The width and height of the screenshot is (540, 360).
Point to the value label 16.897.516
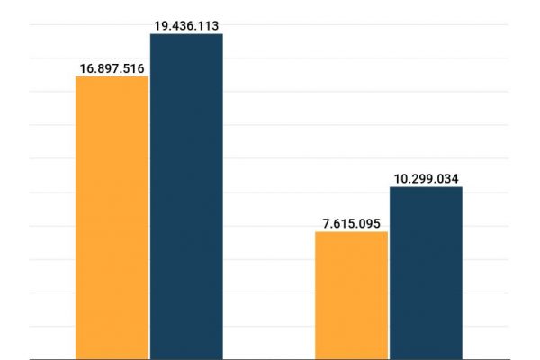tap(112, 67)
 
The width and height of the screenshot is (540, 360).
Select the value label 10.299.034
tap(426, 178)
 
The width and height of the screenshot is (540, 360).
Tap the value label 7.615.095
tap(352, 223)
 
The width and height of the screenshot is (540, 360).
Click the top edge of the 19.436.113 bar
tap(186, 34)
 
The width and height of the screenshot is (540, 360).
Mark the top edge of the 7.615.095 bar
tap(352, 232)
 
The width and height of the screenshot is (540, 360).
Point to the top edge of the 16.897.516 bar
tap(112, 76)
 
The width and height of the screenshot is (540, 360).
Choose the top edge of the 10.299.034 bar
tap(426, 187)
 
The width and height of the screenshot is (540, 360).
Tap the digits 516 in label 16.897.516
tap(136, 67)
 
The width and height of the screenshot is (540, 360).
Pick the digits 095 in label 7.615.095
tap(373, 223)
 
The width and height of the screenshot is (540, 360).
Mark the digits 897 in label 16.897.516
tap(111, 67)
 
